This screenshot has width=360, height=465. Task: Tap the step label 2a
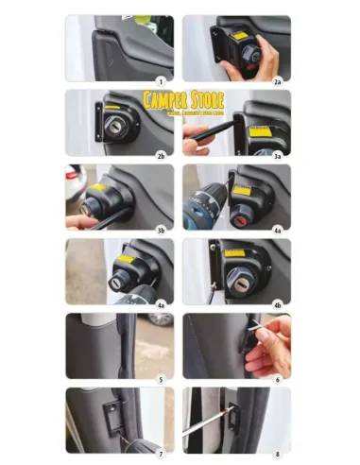click(278, 80)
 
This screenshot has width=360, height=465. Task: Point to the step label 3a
click(278, 154)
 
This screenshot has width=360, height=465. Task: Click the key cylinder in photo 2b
click(114, 129)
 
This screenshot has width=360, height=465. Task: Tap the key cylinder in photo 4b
click(239, 279)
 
